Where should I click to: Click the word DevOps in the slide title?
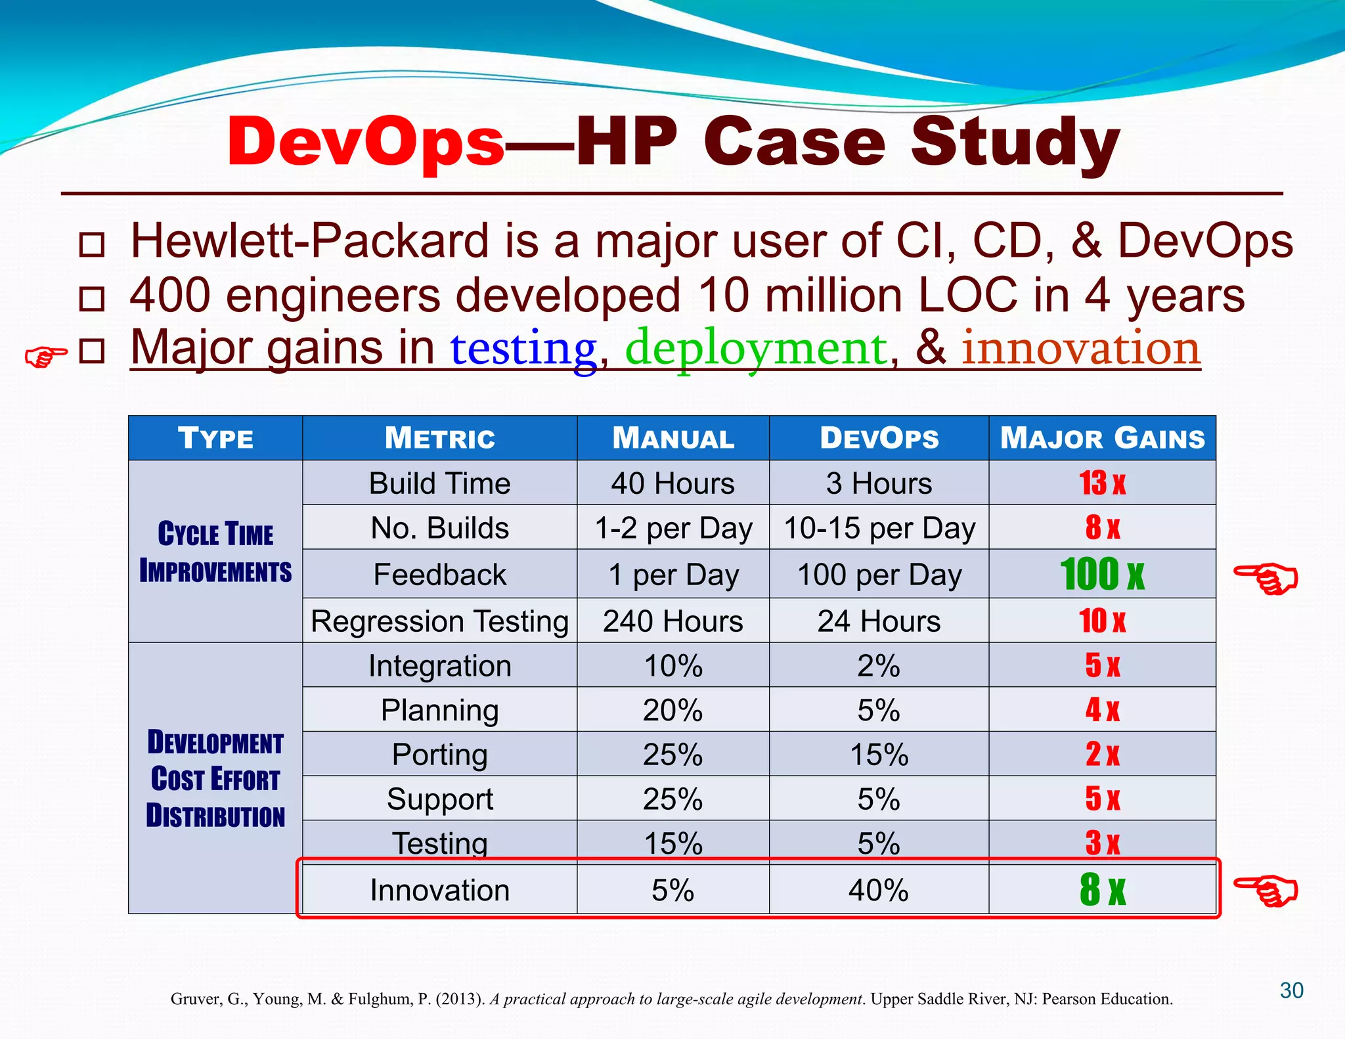[x=365, y=143]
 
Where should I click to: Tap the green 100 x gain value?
[x=1101, y=574]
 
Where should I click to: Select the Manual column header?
[x=672, y=438]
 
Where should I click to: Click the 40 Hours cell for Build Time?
[x=672, y=483]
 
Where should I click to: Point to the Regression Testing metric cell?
[x=439, y=621]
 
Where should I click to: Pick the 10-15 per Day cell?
[x=879, y=528]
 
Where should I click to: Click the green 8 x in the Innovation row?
[x=1101, y=890]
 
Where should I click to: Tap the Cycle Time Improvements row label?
[x=215, y=552]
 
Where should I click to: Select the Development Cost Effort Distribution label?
[x=215, y=779]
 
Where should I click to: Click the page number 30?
[x=1291, y=990]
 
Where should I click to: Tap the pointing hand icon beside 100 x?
[x=1266, y=577]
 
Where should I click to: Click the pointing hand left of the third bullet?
[x=45, y=357]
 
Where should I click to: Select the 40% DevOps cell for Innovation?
[x=879, y=890]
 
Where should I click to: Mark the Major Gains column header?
[x=1102, y=438]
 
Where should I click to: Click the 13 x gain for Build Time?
[x=1101, y=483]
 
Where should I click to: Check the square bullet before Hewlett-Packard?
[x=91, y=244]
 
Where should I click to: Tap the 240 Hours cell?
[x=672, y=621]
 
